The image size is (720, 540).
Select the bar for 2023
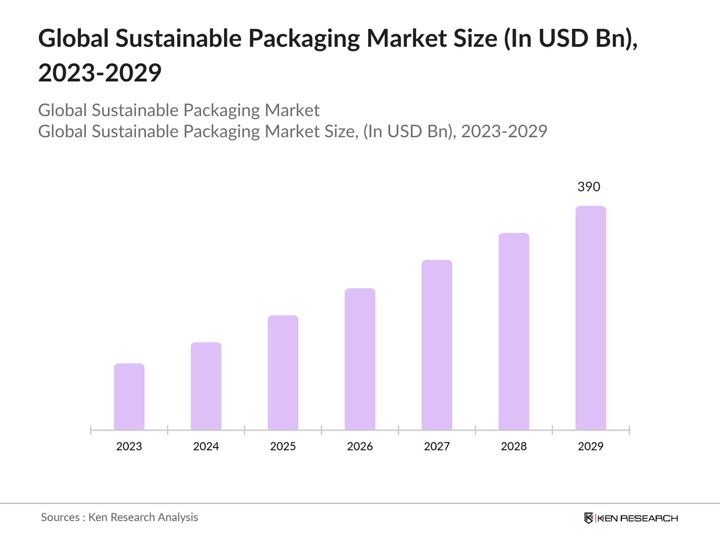(129, 396)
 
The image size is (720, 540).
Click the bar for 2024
(206, 386)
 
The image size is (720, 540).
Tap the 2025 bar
(283, 373)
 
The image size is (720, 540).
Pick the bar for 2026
(360, 359)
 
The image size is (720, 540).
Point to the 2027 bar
(437, 345)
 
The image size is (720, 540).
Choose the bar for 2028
(514, 331)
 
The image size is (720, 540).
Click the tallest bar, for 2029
(591, 318)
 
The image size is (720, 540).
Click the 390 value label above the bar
(589, 187)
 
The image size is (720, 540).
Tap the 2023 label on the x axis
(129, 446)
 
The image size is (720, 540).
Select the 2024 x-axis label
(206, 446)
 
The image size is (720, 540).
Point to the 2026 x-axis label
(360, 446)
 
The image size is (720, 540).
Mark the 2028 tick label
(514, 446)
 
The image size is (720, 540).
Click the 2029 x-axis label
(591, 446)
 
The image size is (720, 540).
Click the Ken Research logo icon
(589, 518)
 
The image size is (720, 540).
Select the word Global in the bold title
(73, 39)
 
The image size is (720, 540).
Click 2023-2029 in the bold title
(100, 73)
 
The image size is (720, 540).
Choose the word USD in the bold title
(563, 39)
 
